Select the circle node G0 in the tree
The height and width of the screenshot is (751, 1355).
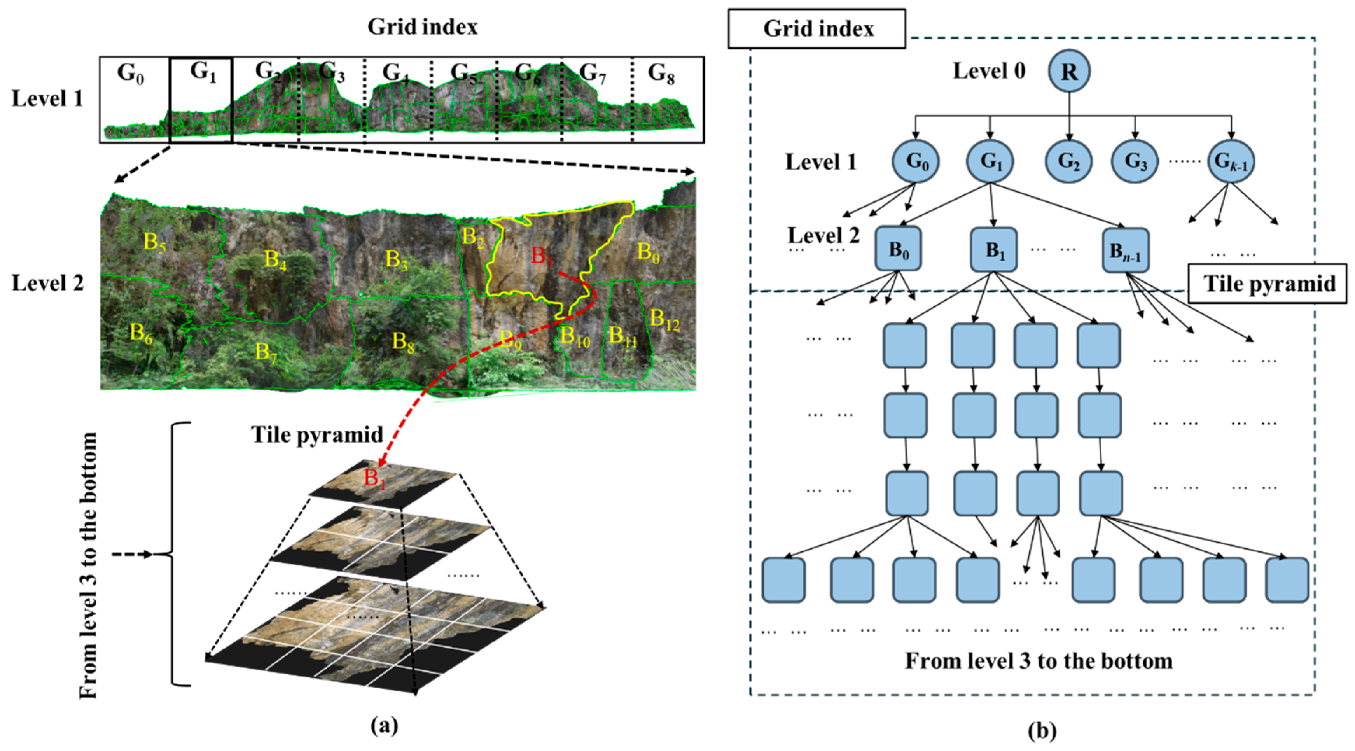(x=915, y=161)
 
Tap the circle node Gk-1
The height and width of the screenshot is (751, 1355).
(x=1231, y=161)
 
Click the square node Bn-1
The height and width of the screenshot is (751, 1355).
(x=1125, y=250)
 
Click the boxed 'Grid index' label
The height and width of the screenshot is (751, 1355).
(x=817, y=29)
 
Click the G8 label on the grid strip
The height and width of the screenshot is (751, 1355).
(x=661, y=73)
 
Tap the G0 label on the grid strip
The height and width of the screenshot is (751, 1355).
(x=130, y=73)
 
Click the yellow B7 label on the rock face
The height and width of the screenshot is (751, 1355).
(x=266, y=352)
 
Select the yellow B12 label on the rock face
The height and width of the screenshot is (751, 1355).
(x=664, y=319)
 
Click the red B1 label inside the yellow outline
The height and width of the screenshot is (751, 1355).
(x=542, y=256)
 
